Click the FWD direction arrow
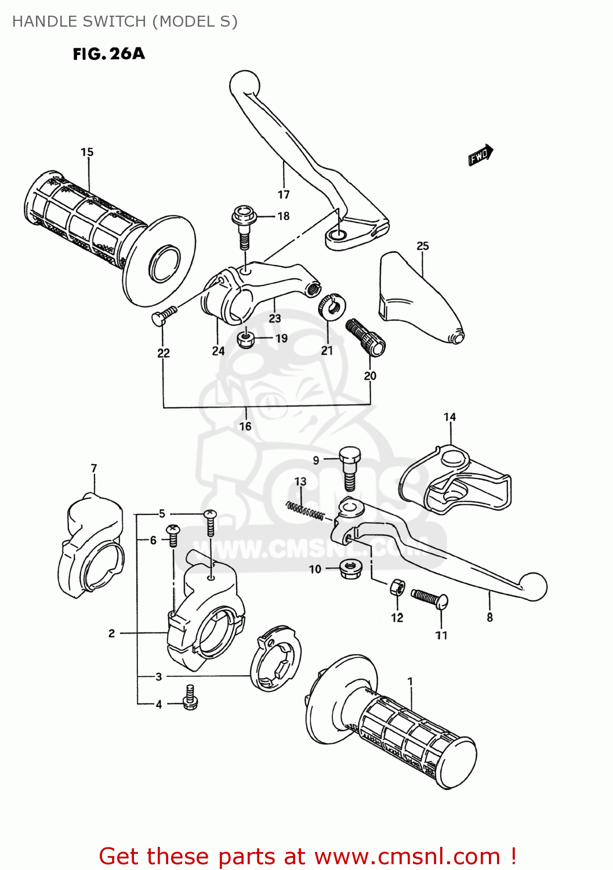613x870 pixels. pos(480,155)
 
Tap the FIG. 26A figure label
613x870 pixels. pos(108,54)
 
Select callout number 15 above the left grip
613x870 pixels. pos(87,152)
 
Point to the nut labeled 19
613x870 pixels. pos(246,339)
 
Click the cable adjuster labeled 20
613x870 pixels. pos(366,337)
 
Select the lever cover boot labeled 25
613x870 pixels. pos(418,299)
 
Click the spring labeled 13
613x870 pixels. pos(305,510)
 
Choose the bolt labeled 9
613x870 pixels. pos(349,467)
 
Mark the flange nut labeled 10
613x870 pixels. pos(350,568)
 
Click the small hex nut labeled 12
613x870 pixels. pos(397,588)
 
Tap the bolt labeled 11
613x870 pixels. pos(430,598)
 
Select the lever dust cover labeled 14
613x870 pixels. pos(455,481)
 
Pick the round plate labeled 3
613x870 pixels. pos(276,659)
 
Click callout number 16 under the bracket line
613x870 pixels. pos(245,426)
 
